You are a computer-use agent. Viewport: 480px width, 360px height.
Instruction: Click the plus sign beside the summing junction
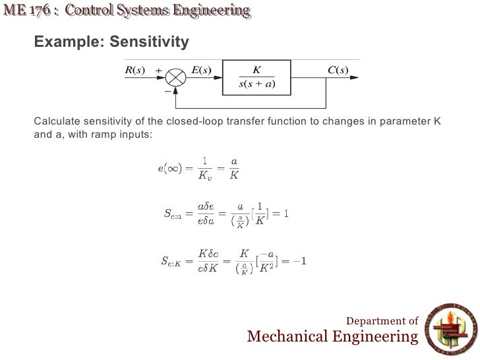pyautogui.click(x=158, y=69)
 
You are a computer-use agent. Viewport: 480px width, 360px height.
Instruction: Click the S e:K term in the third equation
pyautogui.click(x=173, y=261)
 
